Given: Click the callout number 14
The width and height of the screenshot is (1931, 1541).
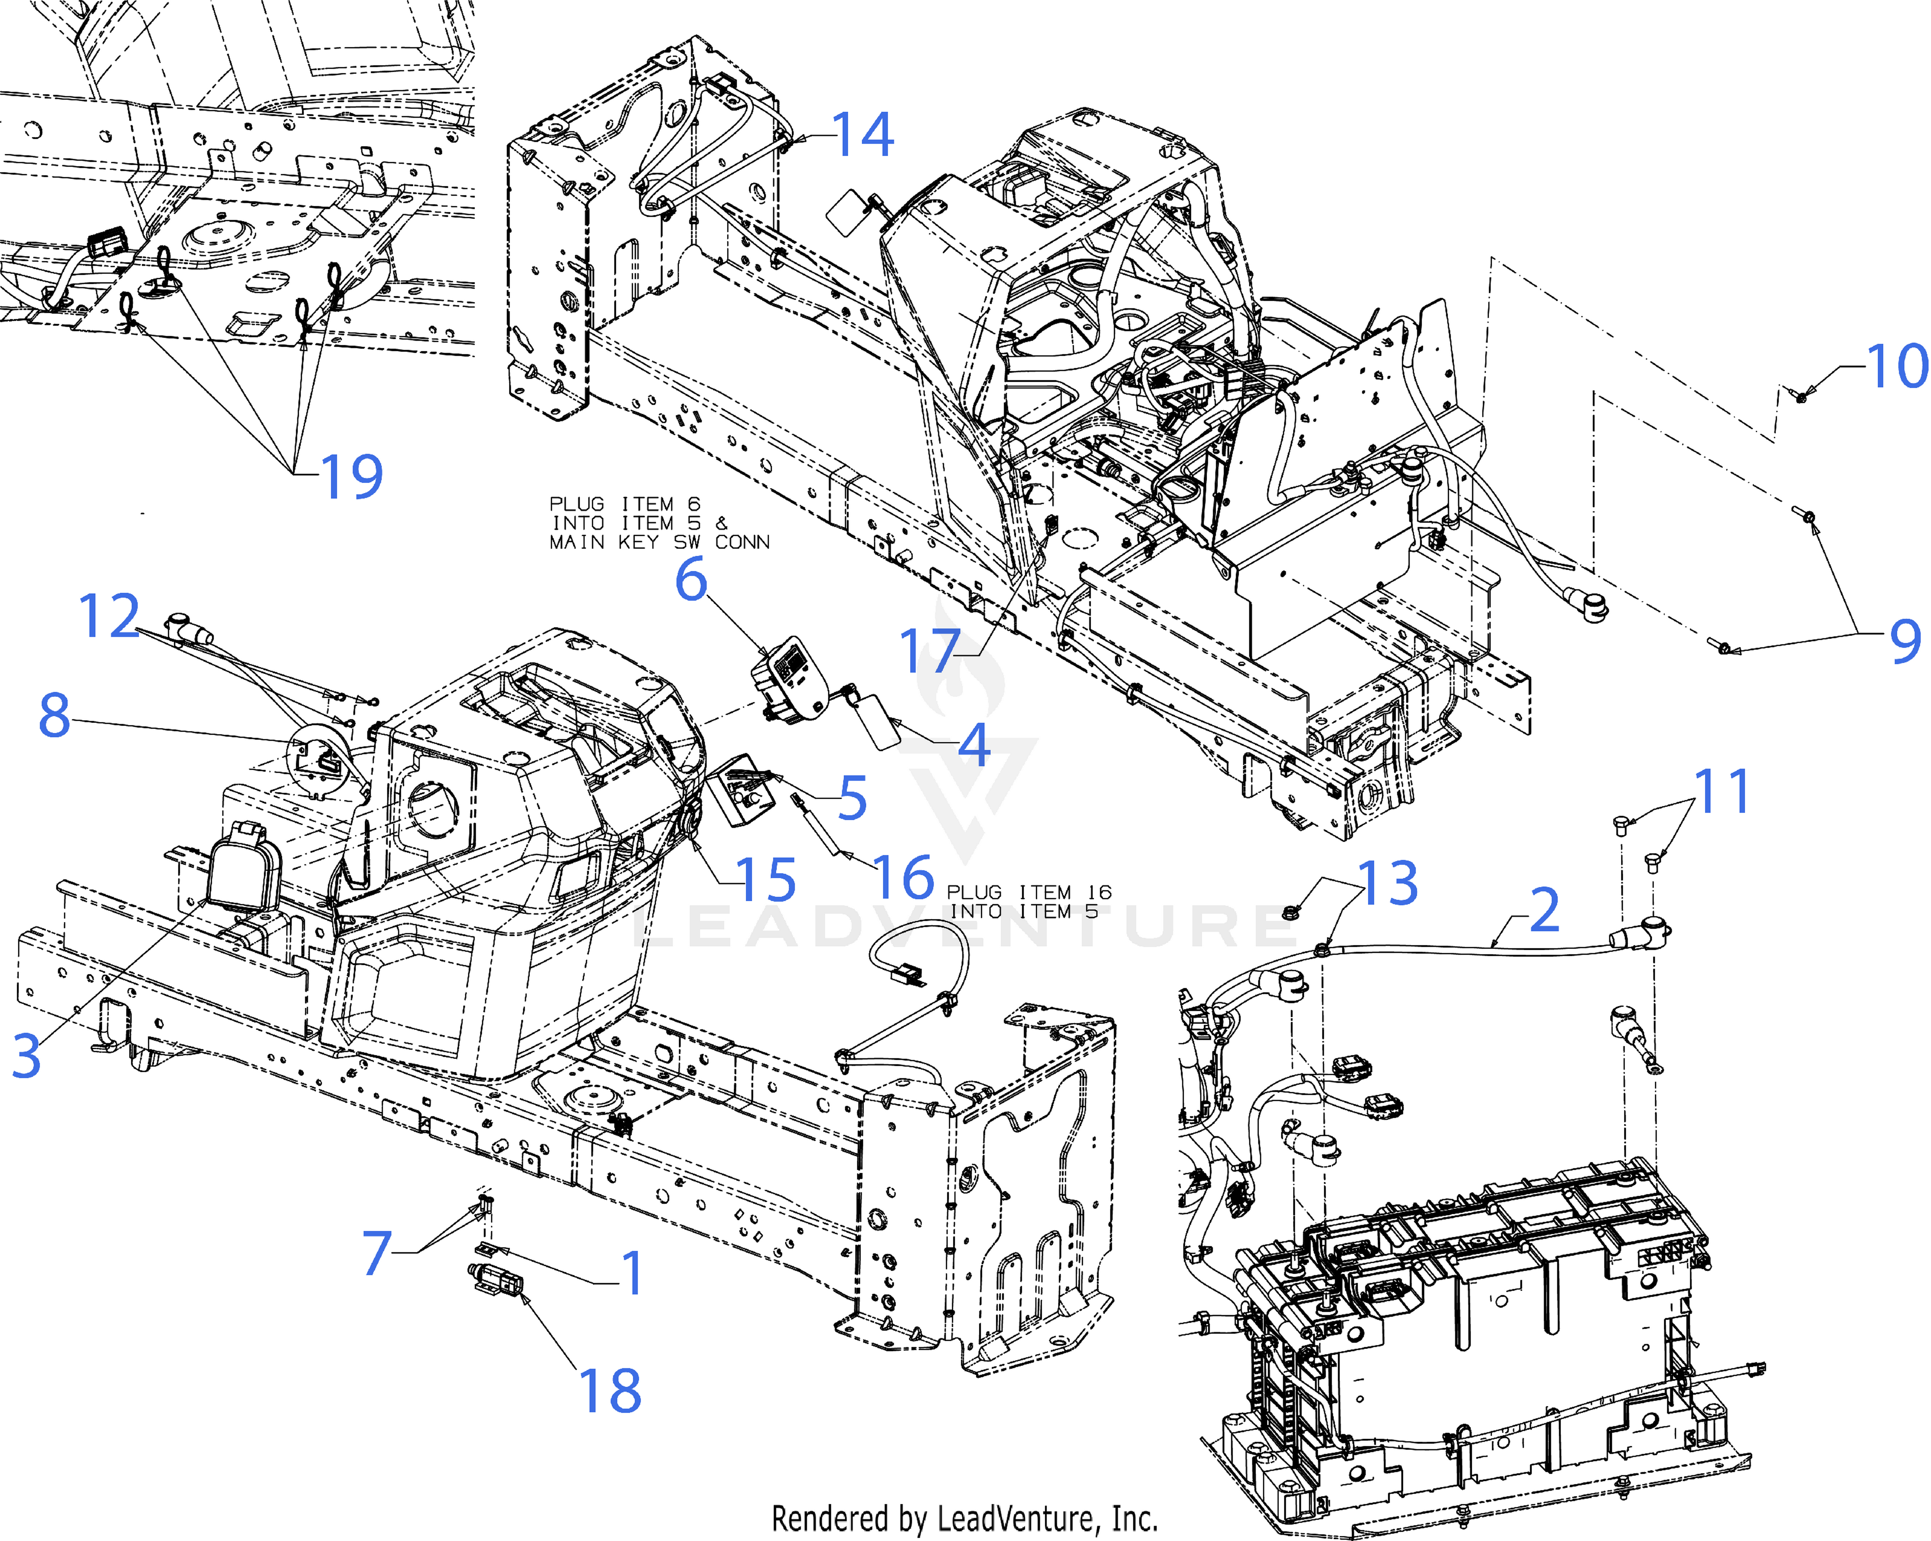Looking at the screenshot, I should tap(863, 135).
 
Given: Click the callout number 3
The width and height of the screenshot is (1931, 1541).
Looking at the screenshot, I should tap(27, 1055).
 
